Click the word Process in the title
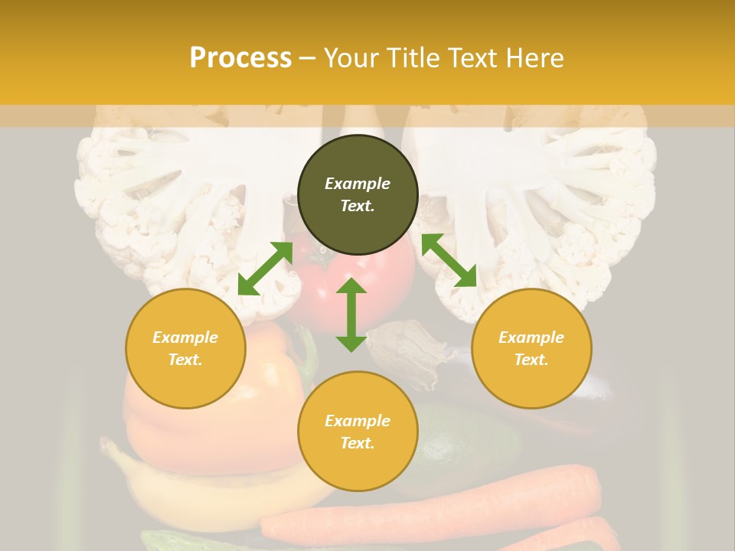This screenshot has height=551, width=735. [x=240, y=58]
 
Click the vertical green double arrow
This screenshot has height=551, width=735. [x=351, y=315]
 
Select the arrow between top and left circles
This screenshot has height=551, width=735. [x=265, y=269]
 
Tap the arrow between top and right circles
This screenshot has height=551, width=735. [x=449, y=260]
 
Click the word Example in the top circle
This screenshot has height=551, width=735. [x=358, y=184]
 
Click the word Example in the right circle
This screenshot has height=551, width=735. [x=531, y=337]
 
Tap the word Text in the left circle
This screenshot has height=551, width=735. [x=185, y=360]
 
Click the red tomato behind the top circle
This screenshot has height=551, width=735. [x=390, y=283]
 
